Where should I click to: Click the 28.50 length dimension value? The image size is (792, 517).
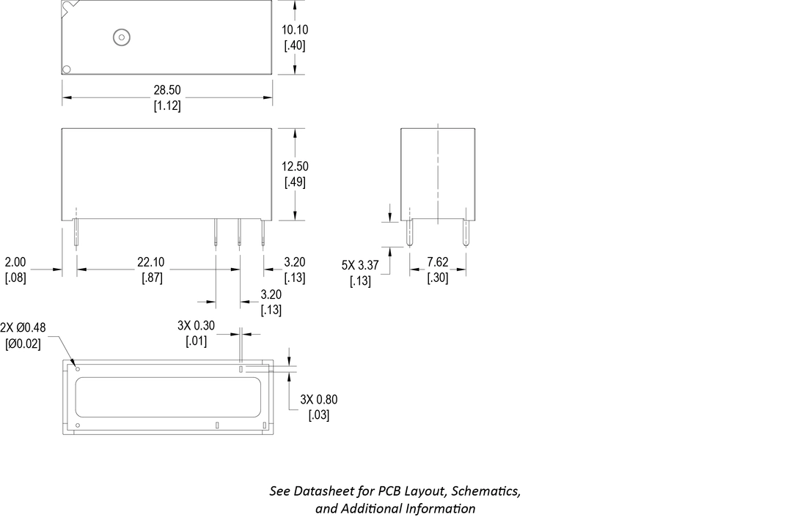point(167,90)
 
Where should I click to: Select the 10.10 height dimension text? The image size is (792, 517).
point(295,30)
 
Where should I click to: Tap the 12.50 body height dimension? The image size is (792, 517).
point(295,167)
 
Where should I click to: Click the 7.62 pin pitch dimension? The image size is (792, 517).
point(439,262)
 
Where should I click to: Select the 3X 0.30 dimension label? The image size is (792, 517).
point(197,325)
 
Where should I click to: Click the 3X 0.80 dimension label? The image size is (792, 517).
point(319,400)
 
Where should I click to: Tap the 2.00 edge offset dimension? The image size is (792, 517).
point(15,262)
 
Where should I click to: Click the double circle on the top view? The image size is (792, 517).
point(119,37)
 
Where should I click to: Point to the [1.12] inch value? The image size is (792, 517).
point(167,105)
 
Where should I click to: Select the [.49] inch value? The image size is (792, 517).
point(295,182)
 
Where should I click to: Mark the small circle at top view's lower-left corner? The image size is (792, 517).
point(67,70)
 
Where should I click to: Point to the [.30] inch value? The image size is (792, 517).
point(439,278)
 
